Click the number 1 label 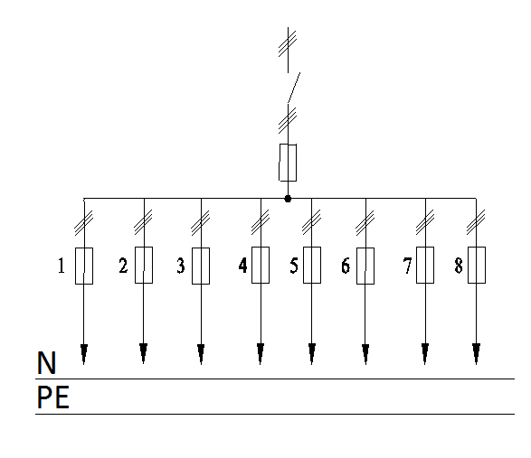62,266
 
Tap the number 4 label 242,265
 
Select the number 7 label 407,266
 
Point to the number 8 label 459,266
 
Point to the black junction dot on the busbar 288,199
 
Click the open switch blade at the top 294,88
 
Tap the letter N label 46,362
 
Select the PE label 52,397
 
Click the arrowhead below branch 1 84,354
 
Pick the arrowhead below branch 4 261,353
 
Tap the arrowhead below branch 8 476,353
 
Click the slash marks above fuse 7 425,222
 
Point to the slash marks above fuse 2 143,222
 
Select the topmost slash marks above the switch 288,43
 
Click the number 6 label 346,266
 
